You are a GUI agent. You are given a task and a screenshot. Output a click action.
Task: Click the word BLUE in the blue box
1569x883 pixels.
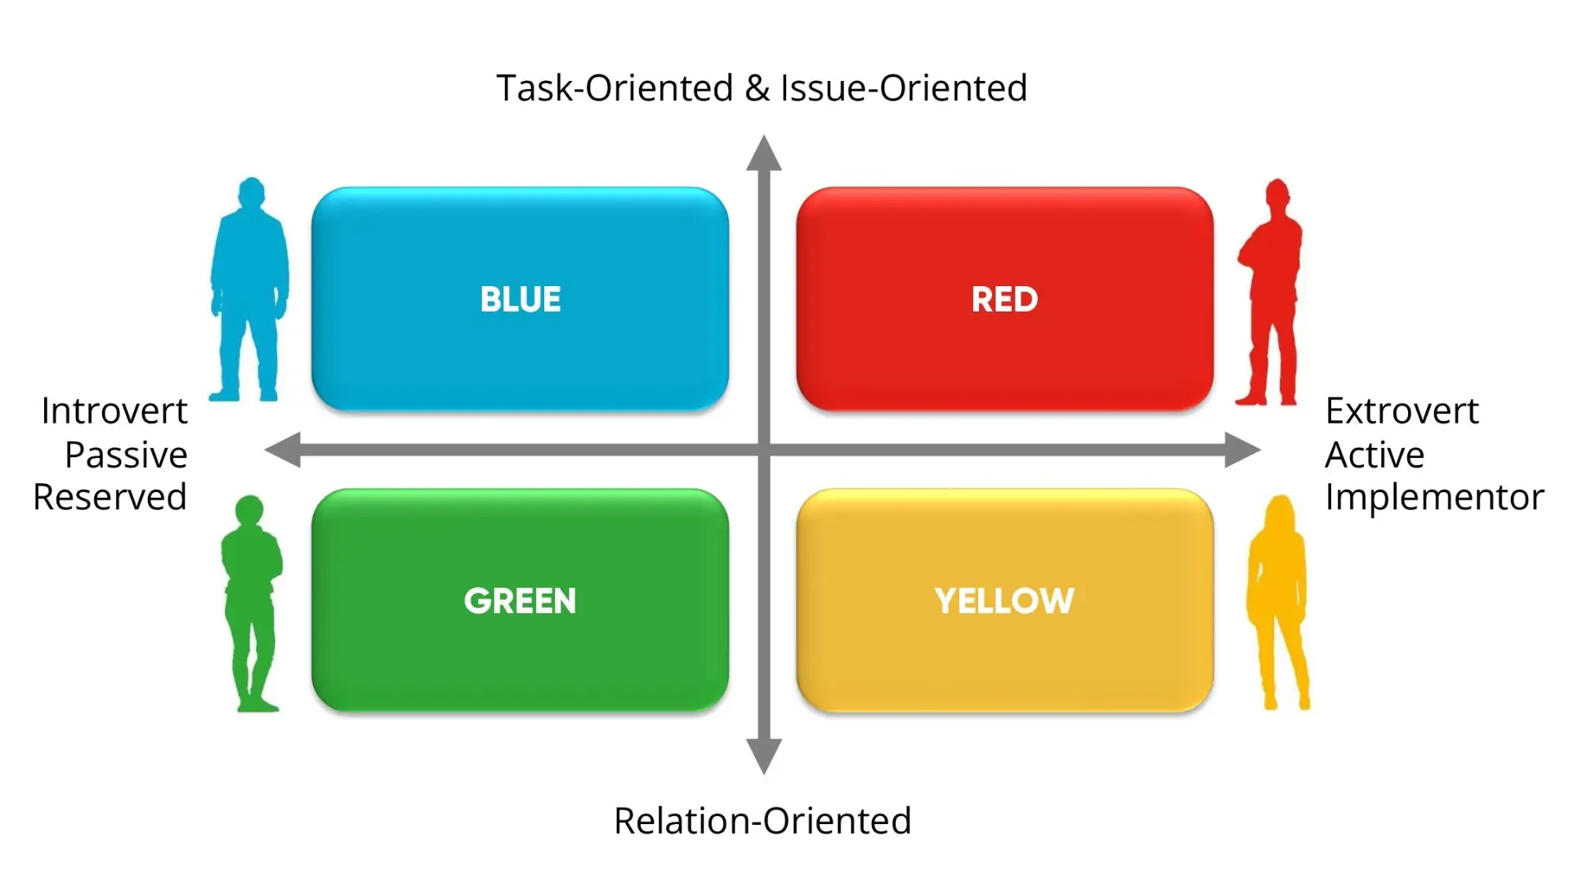pyautogui.click(x=521, y=299)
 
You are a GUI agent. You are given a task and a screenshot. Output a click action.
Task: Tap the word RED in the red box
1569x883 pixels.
pyautogui.click(x=1004, y=299)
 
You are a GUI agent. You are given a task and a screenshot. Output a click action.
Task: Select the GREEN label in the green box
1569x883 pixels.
pyautogui.click(x=520, y=601)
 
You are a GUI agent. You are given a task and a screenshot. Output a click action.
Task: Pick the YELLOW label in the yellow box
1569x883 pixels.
pyautogui.click(x=1004, y=601)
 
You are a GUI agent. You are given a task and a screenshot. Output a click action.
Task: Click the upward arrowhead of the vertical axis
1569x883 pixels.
pyautogui.click(x=764, y=153)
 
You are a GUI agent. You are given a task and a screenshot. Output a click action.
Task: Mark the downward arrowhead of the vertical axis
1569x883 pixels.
pyautogui.click(x=764, y=757)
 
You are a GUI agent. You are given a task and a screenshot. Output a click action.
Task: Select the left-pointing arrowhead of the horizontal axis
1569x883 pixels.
pyautogui.click(x=283, y=450)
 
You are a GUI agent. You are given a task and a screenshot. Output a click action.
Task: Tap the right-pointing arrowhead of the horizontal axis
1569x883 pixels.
pyautogui.click(x=1243, y=450)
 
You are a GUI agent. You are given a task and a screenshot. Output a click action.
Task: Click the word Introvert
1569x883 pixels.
pyautogui.click(x=114, y=411)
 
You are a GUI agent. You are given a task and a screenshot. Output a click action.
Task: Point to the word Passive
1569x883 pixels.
pyautogui.click(x=126, y=455)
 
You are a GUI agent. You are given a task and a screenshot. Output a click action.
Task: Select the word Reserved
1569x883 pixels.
pyautogui.click(x=110, y=497)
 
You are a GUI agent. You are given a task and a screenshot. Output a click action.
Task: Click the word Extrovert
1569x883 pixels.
pyautogui.click(x=1402, y=411)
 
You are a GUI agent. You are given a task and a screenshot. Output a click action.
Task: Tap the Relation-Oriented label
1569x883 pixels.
pyautogui.click(x=762, y=821)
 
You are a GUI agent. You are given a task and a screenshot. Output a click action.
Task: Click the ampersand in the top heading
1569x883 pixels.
pyautogui.click(x=758, y=88)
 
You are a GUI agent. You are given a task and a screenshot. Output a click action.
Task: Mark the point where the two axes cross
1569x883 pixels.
pyautogui.click(x=764, y=450)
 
